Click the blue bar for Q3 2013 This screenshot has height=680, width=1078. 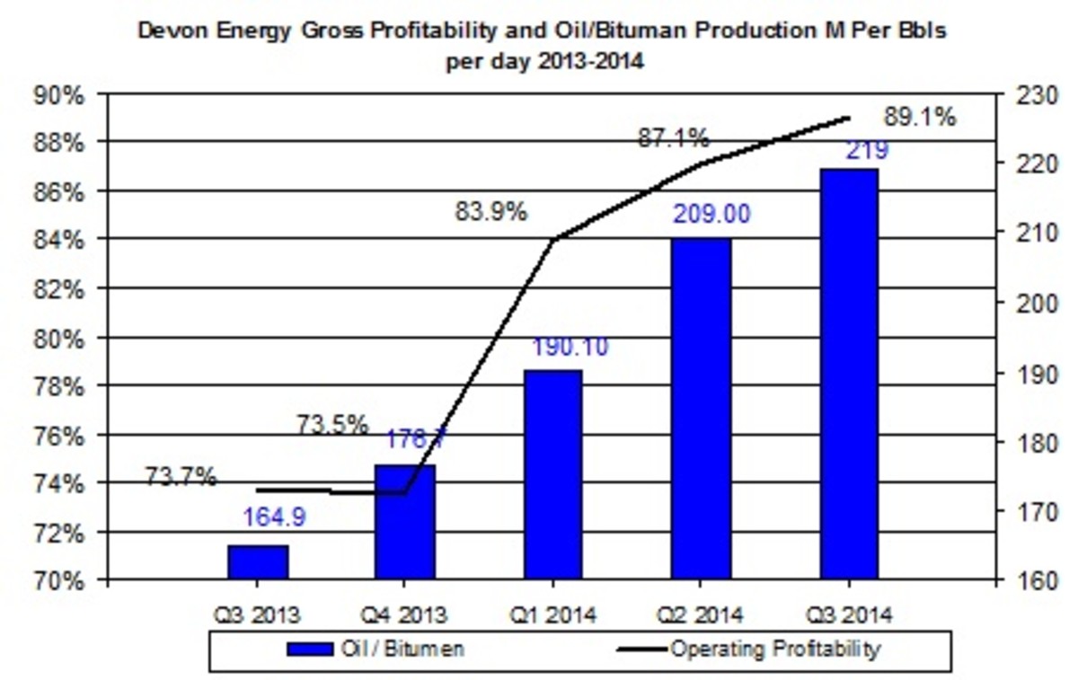[258, 562]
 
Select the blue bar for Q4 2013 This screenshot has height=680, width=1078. [404, 522]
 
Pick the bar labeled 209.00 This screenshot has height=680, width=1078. [701, 409]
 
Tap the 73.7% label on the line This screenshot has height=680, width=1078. [181, 477]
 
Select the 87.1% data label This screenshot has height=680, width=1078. [673, 138]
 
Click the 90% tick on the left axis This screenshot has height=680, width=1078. [58, 95]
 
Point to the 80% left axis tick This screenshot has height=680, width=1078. [58, 339]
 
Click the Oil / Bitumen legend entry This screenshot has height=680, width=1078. [377, 649]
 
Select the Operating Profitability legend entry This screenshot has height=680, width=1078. [750, 649]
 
